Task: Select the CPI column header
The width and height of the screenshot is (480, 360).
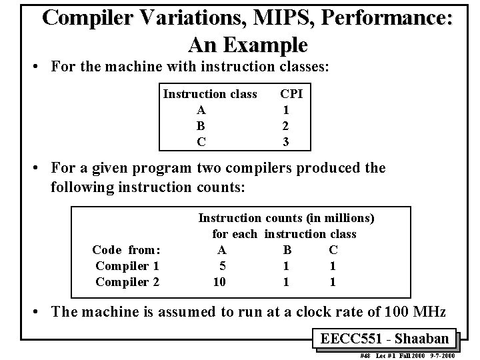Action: (x=291, y=94)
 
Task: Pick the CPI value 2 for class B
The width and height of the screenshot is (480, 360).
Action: (x=285, y=125)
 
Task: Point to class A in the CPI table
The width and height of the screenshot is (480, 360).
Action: (x=201, y=110)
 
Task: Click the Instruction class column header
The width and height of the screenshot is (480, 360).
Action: (x=210, y=94)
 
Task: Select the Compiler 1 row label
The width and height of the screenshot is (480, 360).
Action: (x=127, y=266)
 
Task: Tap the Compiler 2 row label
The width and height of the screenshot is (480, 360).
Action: (x=127, y=282)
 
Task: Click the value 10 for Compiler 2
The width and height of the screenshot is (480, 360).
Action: (x=219, y=282)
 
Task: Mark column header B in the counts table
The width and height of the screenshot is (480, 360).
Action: (x=287, y=250)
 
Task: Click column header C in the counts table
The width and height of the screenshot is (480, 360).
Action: (x=333, y=250)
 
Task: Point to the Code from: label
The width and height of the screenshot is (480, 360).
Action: (x=126, y=250)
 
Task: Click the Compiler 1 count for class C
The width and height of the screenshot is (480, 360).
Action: (x=333, y=266)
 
